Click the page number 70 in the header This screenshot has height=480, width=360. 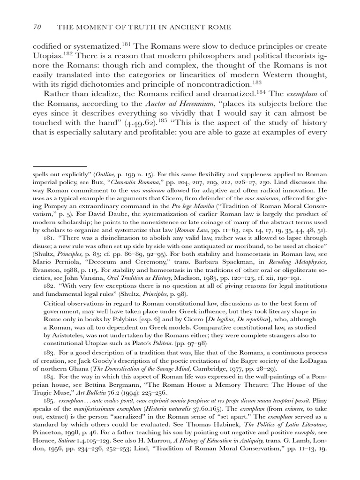[x=37, y=28]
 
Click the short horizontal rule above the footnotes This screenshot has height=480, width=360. [x=60, y=166]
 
